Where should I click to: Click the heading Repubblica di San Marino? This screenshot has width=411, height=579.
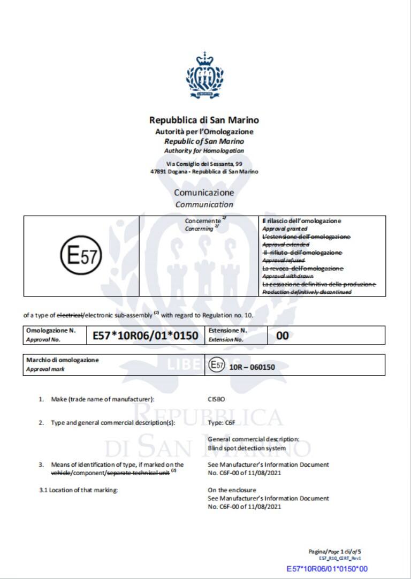(x=204, y=120)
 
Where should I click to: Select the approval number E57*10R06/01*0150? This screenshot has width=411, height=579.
(x=146, y=336)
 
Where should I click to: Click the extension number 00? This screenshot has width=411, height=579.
(x=282, y=336)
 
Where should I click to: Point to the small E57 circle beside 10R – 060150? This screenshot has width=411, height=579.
(x=216, y=365)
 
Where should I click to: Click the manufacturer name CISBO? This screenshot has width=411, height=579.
(x=217, y=399)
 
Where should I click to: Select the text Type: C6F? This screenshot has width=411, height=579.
(x=218, y=423)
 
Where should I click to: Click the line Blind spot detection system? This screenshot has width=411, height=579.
(x=247, y=448)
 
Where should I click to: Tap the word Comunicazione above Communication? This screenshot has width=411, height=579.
(x=204, y=193)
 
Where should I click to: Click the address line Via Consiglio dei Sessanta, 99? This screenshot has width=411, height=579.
(x=204, y=163)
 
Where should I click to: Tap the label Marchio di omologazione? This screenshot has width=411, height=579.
(x=62, y=360)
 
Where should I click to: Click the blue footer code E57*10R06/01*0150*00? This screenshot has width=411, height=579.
(x=327, y=568)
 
